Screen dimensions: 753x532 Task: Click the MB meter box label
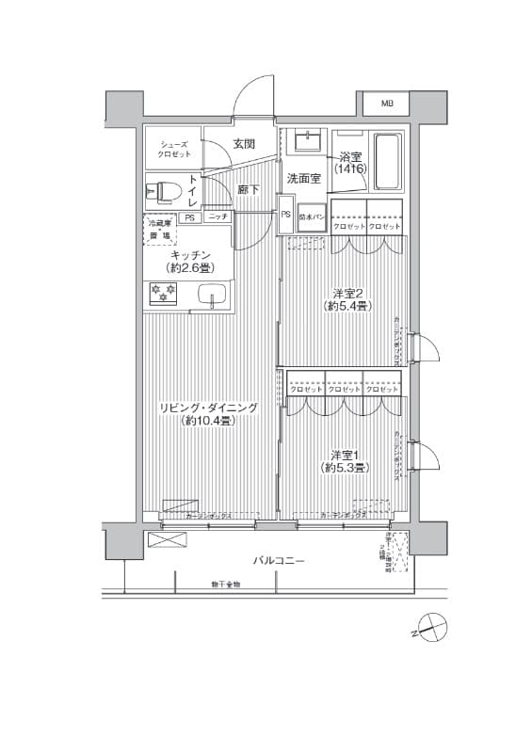click(x=387, y=103)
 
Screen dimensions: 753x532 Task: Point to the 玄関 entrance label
click(x=244, y=144)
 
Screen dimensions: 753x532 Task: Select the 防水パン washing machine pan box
click(x=312, y=216)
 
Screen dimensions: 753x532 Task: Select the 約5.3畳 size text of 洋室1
click(x=346, y=467)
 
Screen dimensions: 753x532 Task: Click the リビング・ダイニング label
click(x=208, y=408)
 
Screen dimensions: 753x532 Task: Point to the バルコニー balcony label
click(x=277, y=560)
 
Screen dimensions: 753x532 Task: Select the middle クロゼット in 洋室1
click(x=342, y=389)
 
